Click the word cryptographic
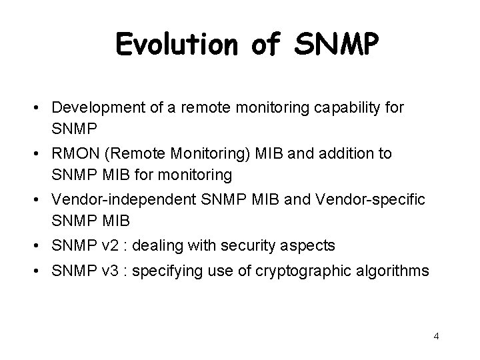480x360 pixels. click(297, 271)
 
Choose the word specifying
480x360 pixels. click(163, 271)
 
